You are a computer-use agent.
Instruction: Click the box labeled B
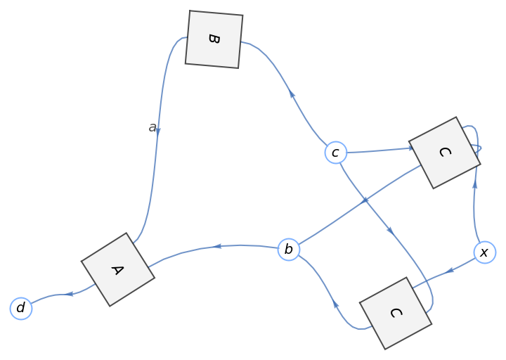click(214, 39)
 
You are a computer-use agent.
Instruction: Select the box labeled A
click(117, 269)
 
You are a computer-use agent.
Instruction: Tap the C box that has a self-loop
click(444, 153)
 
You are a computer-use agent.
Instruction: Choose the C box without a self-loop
click(395, 313)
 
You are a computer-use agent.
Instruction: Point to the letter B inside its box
click(214, 39)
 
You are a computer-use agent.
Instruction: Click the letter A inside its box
click(117, 269)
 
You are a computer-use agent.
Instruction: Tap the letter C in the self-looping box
click(444, 153)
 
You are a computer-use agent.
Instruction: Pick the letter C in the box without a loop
click(395, 313)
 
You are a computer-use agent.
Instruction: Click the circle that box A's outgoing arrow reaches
click(21, 308)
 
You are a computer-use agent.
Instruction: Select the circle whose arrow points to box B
click(336, 152)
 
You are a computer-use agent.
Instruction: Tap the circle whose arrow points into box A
click(288, 250)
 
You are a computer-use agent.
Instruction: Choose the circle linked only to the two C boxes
click(484, 252)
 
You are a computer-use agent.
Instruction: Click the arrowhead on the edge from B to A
click(158, 131)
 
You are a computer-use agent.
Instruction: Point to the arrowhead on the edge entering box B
click(292, 94)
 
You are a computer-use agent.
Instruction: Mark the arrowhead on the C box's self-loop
click(478, 149)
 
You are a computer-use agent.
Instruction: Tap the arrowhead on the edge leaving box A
click(70, 294)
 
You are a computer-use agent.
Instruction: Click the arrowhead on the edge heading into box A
click(218, 246)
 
